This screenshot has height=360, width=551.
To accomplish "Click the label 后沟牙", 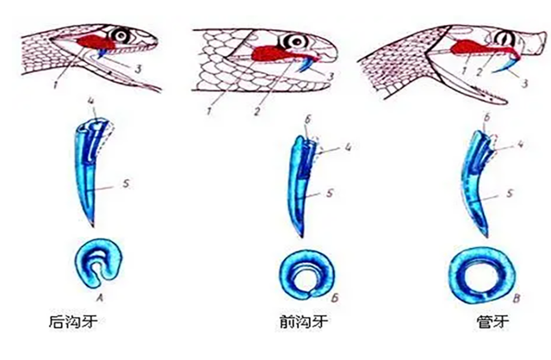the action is click(x=75, y=324).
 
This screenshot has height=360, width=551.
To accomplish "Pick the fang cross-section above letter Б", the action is click(x=301, y=272).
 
